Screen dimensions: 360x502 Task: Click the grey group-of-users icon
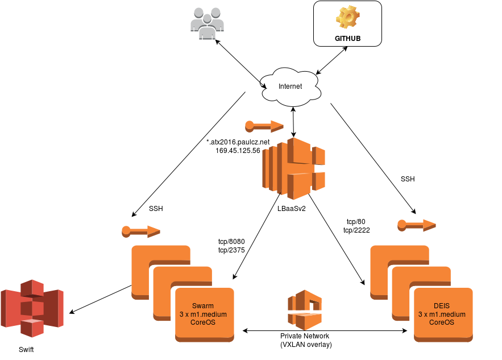coord(207,23)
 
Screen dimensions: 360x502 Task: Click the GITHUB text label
coord(347,39)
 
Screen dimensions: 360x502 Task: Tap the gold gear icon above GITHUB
coord(347,17)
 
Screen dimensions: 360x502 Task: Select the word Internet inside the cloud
coord(290,86)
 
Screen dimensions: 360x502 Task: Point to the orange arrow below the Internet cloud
coord(264,126)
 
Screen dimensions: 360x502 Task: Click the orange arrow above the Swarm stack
coord(141,231)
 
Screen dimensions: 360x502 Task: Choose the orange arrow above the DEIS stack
coord(417,225)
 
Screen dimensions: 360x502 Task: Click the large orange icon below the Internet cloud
coord(293,168)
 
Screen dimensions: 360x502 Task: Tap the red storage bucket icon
coord(32,308)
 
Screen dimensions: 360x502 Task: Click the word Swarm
coord(203,306)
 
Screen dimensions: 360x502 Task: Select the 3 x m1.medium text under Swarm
coord(203,314)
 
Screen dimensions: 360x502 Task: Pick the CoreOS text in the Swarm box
coord(203,322)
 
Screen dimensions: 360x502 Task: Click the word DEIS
coord(442,306)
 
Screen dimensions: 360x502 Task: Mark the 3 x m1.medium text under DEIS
coord(442,314)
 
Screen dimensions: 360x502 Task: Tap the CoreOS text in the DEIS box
coord(442,322)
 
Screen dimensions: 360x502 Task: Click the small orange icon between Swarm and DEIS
coord(305,310)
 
